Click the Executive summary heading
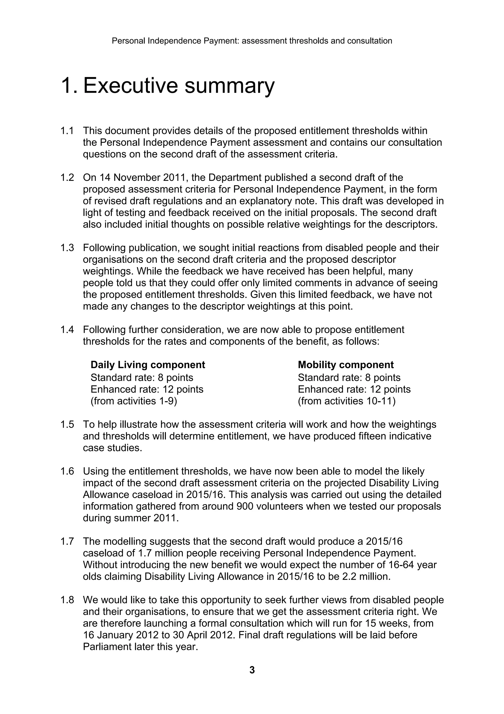(168, 85)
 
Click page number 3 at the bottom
(252, 670)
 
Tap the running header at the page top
(252, 41)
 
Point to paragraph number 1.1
(67, 131)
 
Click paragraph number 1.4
(67, 329)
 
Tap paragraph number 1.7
(67, 541)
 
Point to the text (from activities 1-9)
(134, 401)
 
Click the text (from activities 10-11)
(346, 401)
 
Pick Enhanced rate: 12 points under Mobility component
(354, 389)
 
